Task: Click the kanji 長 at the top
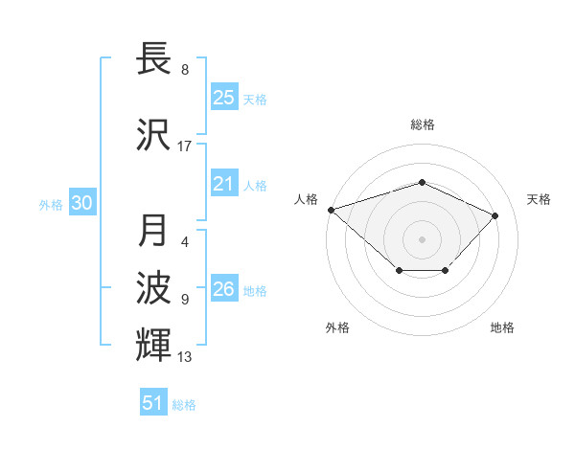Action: pyautogui.click(x=156, y=58)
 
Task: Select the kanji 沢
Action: pyautogui.click(x=156, y=134)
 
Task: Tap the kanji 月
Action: pyautogui.click(x=156, y=231)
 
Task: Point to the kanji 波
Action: pyautogui.click(x=156, y=286)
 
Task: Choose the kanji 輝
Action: pyautogui.click(x=156, y=344)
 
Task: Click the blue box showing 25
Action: pyautogui.click(x=224, y=98)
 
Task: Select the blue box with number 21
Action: pyautogui.click(x=224, y=184)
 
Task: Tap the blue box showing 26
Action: pyautogui.click(x=224, y=289)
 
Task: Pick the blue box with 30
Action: pyautogui.click(x=81, y=204)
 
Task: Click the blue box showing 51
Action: pyautogui.click(x=153, y=403)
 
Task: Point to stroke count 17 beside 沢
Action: pyautogui.click(x=184, y=146)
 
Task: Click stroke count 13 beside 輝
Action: pyautogui.click(x=184, y=357)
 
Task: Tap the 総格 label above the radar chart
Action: pyautogui.click(x=422, y=124)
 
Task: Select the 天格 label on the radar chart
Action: pyautogui.click(x=539, y=199)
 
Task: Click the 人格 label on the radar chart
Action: pyautogui.click(x=306, y=199)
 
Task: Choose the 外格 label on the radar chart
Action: pyautogui.click(x=336, y=327)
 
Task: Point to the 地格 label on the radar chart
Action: pyautogui.click(x=502, y=327)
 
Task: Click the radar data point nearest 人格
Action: pyautogui.click(x=331, y=209)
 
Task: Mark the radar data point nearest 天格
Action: pyautogui.click(x=494, y=215)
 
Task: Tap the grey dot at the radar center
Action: pyautogui.click(x=422, y=238)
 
